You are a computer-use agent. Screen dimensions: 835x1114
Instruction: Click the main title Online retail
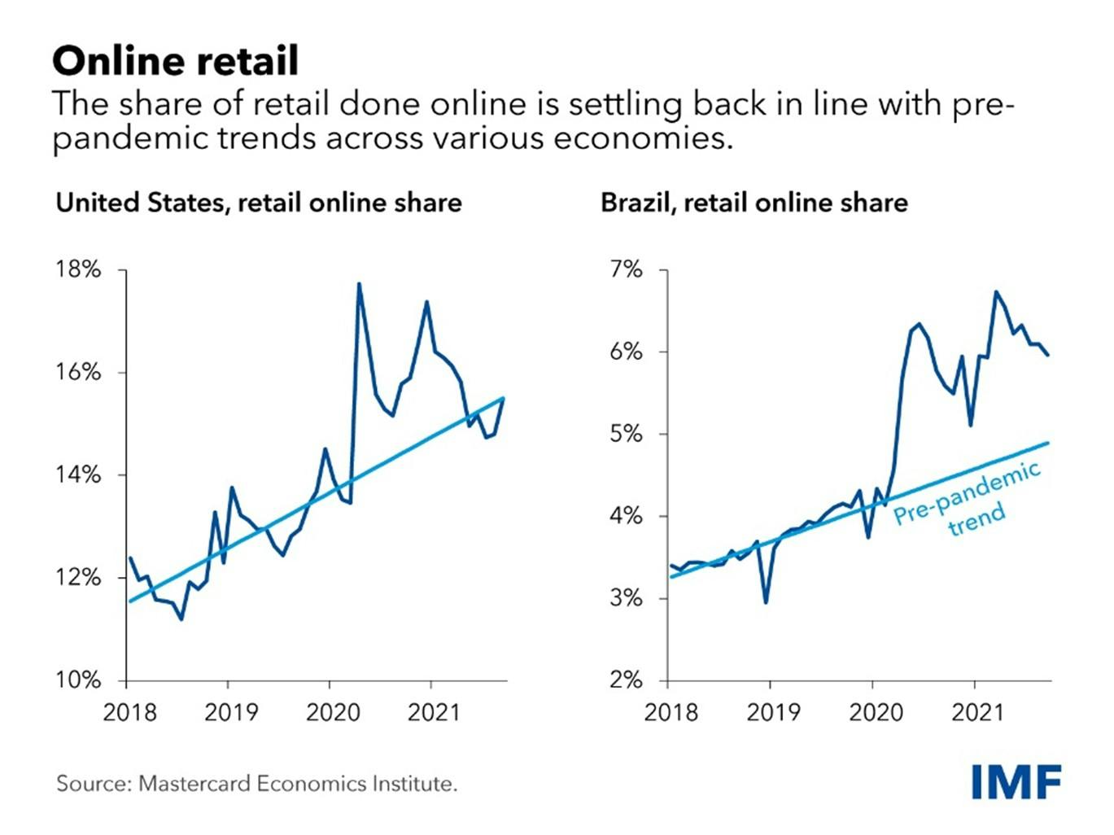175,60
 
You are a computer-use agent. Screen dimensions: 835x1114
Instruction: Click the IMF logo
1016,783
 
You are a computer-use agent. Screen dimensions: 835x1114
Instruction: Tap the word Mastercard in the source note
194,784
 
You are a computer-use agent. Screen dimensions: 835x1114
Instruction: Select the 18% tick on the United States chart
78,269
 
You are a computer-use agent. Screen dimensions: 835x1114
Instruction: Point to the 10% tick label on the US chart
78,680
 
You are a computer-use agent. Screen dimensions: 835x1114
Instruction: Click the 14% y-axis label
78,474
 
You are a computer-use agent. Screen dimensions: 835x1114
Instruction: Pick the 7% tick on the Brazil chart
626,269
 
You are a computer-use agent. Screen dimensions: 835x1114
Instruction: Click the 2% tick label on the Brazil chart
626,680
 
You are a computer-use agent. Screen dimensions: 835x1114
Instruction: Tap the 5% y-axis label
626,434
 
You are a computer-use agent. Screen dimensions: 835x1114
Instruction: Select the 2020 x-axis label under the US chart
332,713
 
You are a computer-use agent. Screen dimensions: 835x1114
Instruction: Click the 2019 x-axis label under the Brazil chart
773,713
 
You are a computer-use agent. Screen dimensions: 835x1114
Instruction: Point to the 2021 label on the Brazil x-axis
977,713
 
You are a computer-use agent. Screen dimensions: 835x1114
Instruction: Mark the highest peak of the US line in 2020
359,284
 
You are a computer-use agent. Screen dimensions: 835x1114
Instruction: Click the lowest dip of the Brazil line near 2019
766,602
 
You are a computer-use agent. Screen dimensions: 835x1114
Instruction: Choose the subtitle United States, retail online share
258,202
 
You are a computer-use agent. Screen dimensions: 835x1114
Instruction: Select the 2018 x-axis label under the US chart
129,713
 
